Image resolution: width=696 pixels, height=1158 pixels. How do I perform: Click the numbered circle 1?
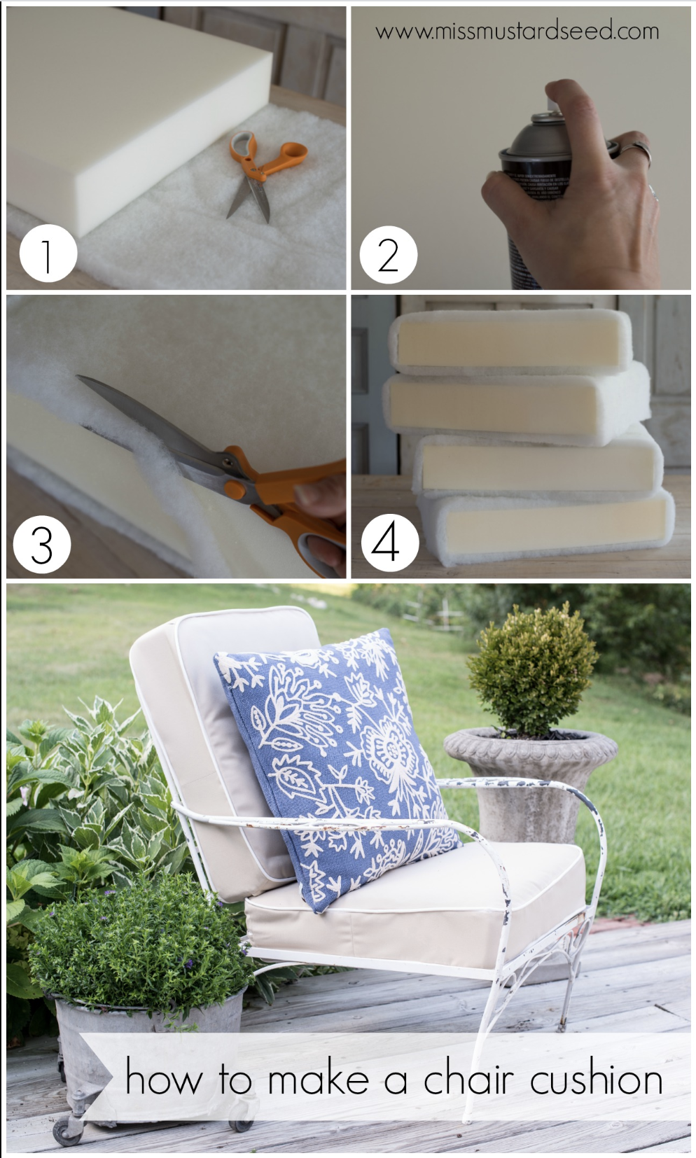point(48,253)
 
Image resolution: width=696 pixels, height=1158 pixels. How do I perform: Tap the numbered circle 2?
point(389,254)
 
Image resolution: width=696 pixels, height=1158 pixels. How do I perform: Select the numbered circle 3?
point(42,545)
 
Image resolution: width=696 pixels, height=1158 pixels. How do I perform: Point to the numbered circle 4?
point(390,543)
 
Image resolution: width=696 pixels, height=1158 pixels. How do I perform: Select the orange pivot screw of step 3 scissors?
point(235,489)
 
